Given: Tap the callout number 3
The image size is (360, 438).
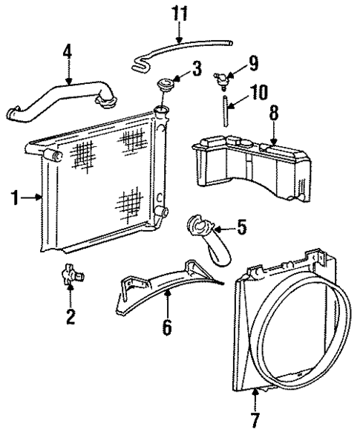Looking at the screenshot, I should [196, 71].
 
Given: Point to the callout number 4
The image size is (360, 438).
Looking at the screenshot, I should [68, 53].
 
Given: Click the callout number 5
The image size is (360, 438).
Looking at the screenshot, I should [243, 223].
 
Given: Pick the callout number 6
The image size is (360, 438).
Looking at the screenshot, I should [167, 326].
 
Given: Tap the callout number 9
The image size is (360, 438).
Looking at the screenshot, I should [253, 63].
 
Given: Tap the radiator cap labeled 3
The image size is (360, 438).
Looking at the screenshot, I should [168, 78].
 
